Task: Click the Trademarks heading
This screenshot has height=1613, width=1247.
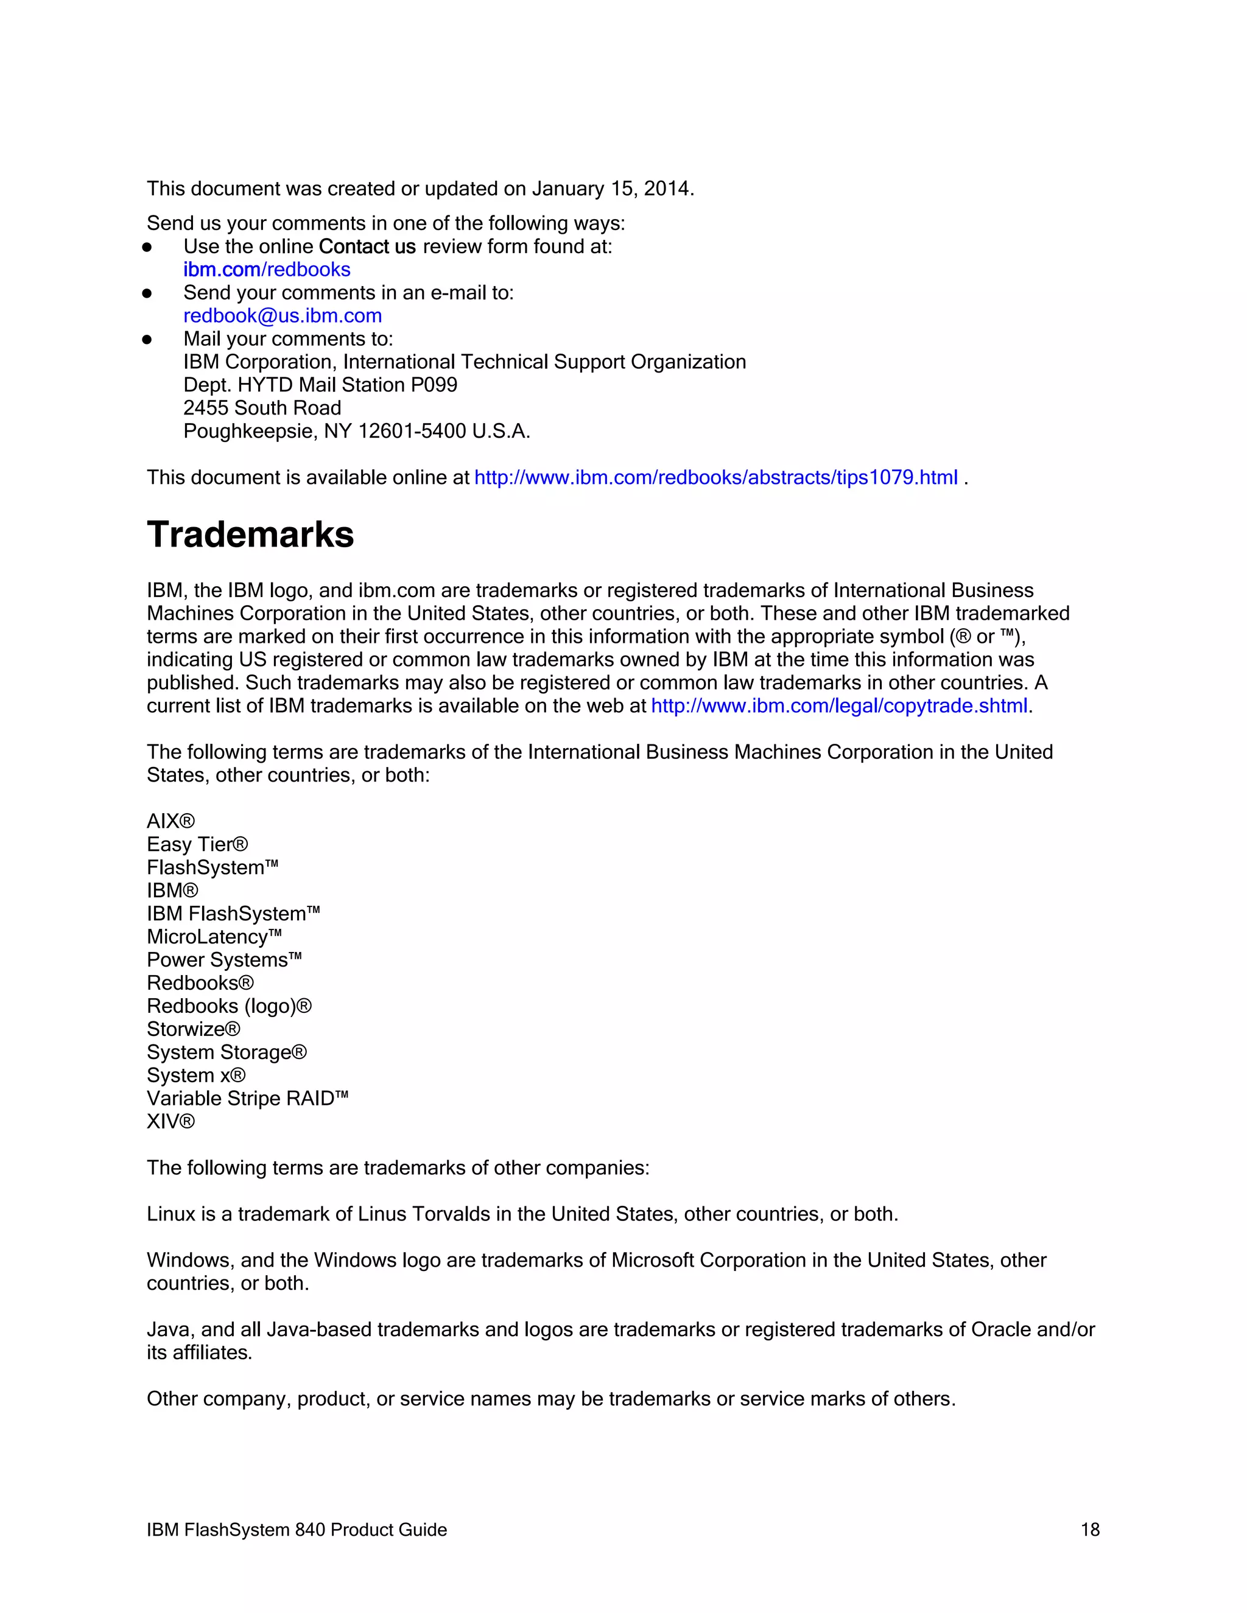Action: (250, 534)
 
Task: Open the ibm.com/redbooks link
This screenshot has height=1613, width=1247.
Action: (267, 270)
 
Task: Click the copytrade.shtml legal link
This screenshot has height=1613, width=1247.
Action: (838, 706)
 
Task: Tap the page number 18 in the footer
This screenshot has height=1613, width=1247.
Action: (1090, 1530)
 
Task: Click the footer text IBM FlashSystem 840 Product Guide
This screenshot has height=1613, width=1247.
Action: (297, 1530)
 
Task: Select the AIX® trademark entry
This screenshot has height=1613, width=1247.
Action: (170, 821)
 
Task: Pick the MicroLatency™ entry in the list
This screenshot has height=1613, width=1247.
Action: (214, 937)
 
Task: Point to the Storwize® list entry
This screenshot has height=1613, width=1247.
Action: (193, 1029)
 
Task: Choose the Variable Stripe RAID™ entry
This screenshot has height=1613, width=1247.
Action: (247, 1098)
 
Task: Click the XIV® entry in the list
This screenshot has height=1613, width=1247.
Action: (170, 1121)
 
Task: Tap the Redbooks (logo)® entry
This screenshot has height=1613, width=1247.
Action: (229, 1006)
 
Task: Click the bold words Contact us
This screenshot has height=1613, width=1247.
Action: (367, 247)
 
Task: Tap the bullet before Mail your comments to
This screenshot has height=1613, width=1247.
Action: (147, 340)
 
